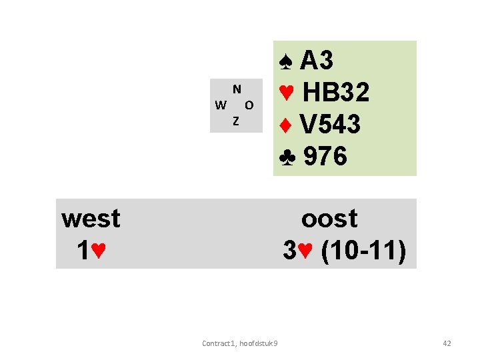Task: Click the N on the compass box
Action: (237, 89)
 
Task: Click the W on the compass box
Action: (220, 105)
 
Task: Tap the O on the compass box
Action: (249, 105)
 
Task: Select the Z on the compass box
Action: (235, 121)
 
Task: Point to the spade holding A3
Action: (317, 61)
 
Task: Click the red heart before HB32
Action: (287, 93)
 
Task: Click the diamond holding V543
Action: (331, 124)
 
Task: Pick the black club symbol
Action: (287, 157)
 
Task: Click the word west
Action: (91, 218)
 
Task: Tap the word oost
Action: (329, 218)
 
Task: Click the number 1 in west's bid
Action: (83, 251)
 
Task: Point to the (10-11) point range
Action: (363, 251)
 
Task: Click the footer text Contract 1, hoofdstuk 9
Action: (240, 343)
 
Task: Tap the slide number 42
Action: (447, 343)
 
